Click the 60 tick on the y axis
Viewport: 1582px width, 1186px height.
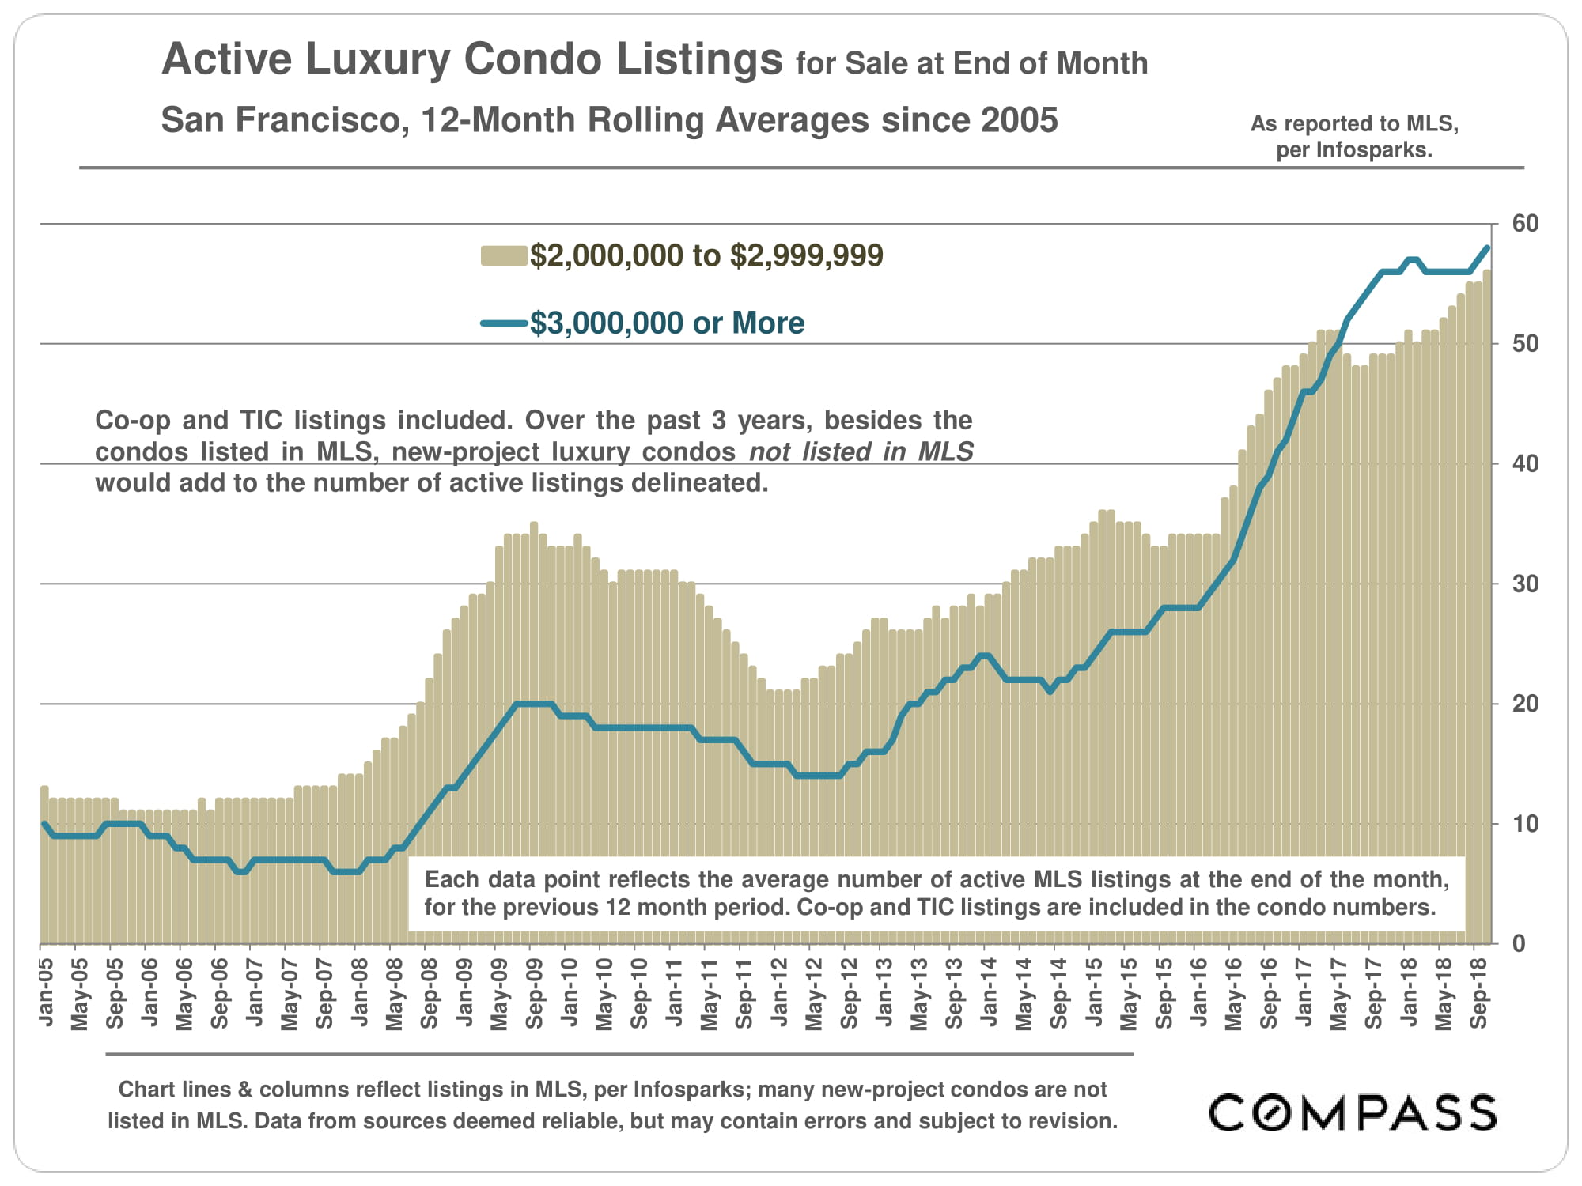point(1526,224)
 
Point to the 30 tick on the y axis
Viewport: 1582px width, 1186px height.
point(1526,584)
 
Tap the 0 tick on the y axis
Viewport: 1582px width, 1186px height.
point(1519,943)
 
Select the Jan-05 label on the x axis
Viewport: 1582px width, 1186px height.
point(46,992)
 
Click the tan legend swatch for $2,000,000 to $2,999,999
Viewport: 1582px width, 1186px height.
point(504,256)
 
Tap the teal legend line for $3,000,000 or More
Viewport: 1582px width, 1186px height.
point(504,323)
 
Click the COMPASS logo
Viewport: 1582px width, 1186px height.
point(1353,1112)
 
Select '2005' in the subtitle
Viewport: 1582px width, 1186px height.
point(1019,120)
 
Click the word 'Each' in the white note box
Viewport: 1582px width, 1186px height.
point(452,880)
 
